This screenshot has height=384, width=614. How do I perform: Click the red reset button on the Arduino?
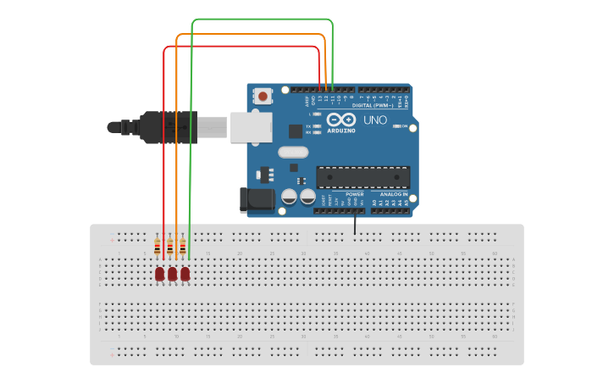263,96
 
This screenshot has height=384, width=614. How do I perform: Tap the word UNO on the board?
375,120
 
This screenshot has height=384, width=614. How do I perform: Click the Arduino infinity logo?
341,120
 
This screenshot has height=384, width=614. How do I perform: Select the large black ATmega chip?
362,177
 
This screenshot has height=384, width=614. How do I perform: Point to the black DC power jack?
256,200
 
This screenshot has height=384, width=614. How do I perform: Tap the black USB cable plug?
169,127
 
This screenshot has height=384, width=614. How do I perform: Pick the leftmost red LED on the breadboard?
159,274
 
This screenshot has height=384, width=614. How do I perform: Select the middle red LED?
172,274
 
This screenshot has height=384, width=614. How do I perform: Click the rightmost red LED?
185,274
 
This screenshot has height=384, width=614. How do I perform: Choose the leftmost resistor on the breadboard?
158,247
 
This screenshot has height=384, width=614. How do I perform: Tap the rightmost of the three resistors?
183,247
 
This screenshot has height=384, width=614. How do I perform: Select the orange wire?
250,34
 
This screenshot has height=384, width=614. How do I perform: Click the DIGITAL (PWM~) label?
373,106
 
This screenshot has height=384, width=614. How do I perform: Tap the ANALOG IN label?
393,194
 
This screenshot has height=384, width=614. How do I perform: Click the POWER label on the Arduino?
354,194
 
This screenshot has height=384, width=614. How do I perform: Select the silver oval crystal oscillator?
292,153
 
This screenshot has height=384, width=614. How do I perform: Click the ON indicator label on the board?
405,126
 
